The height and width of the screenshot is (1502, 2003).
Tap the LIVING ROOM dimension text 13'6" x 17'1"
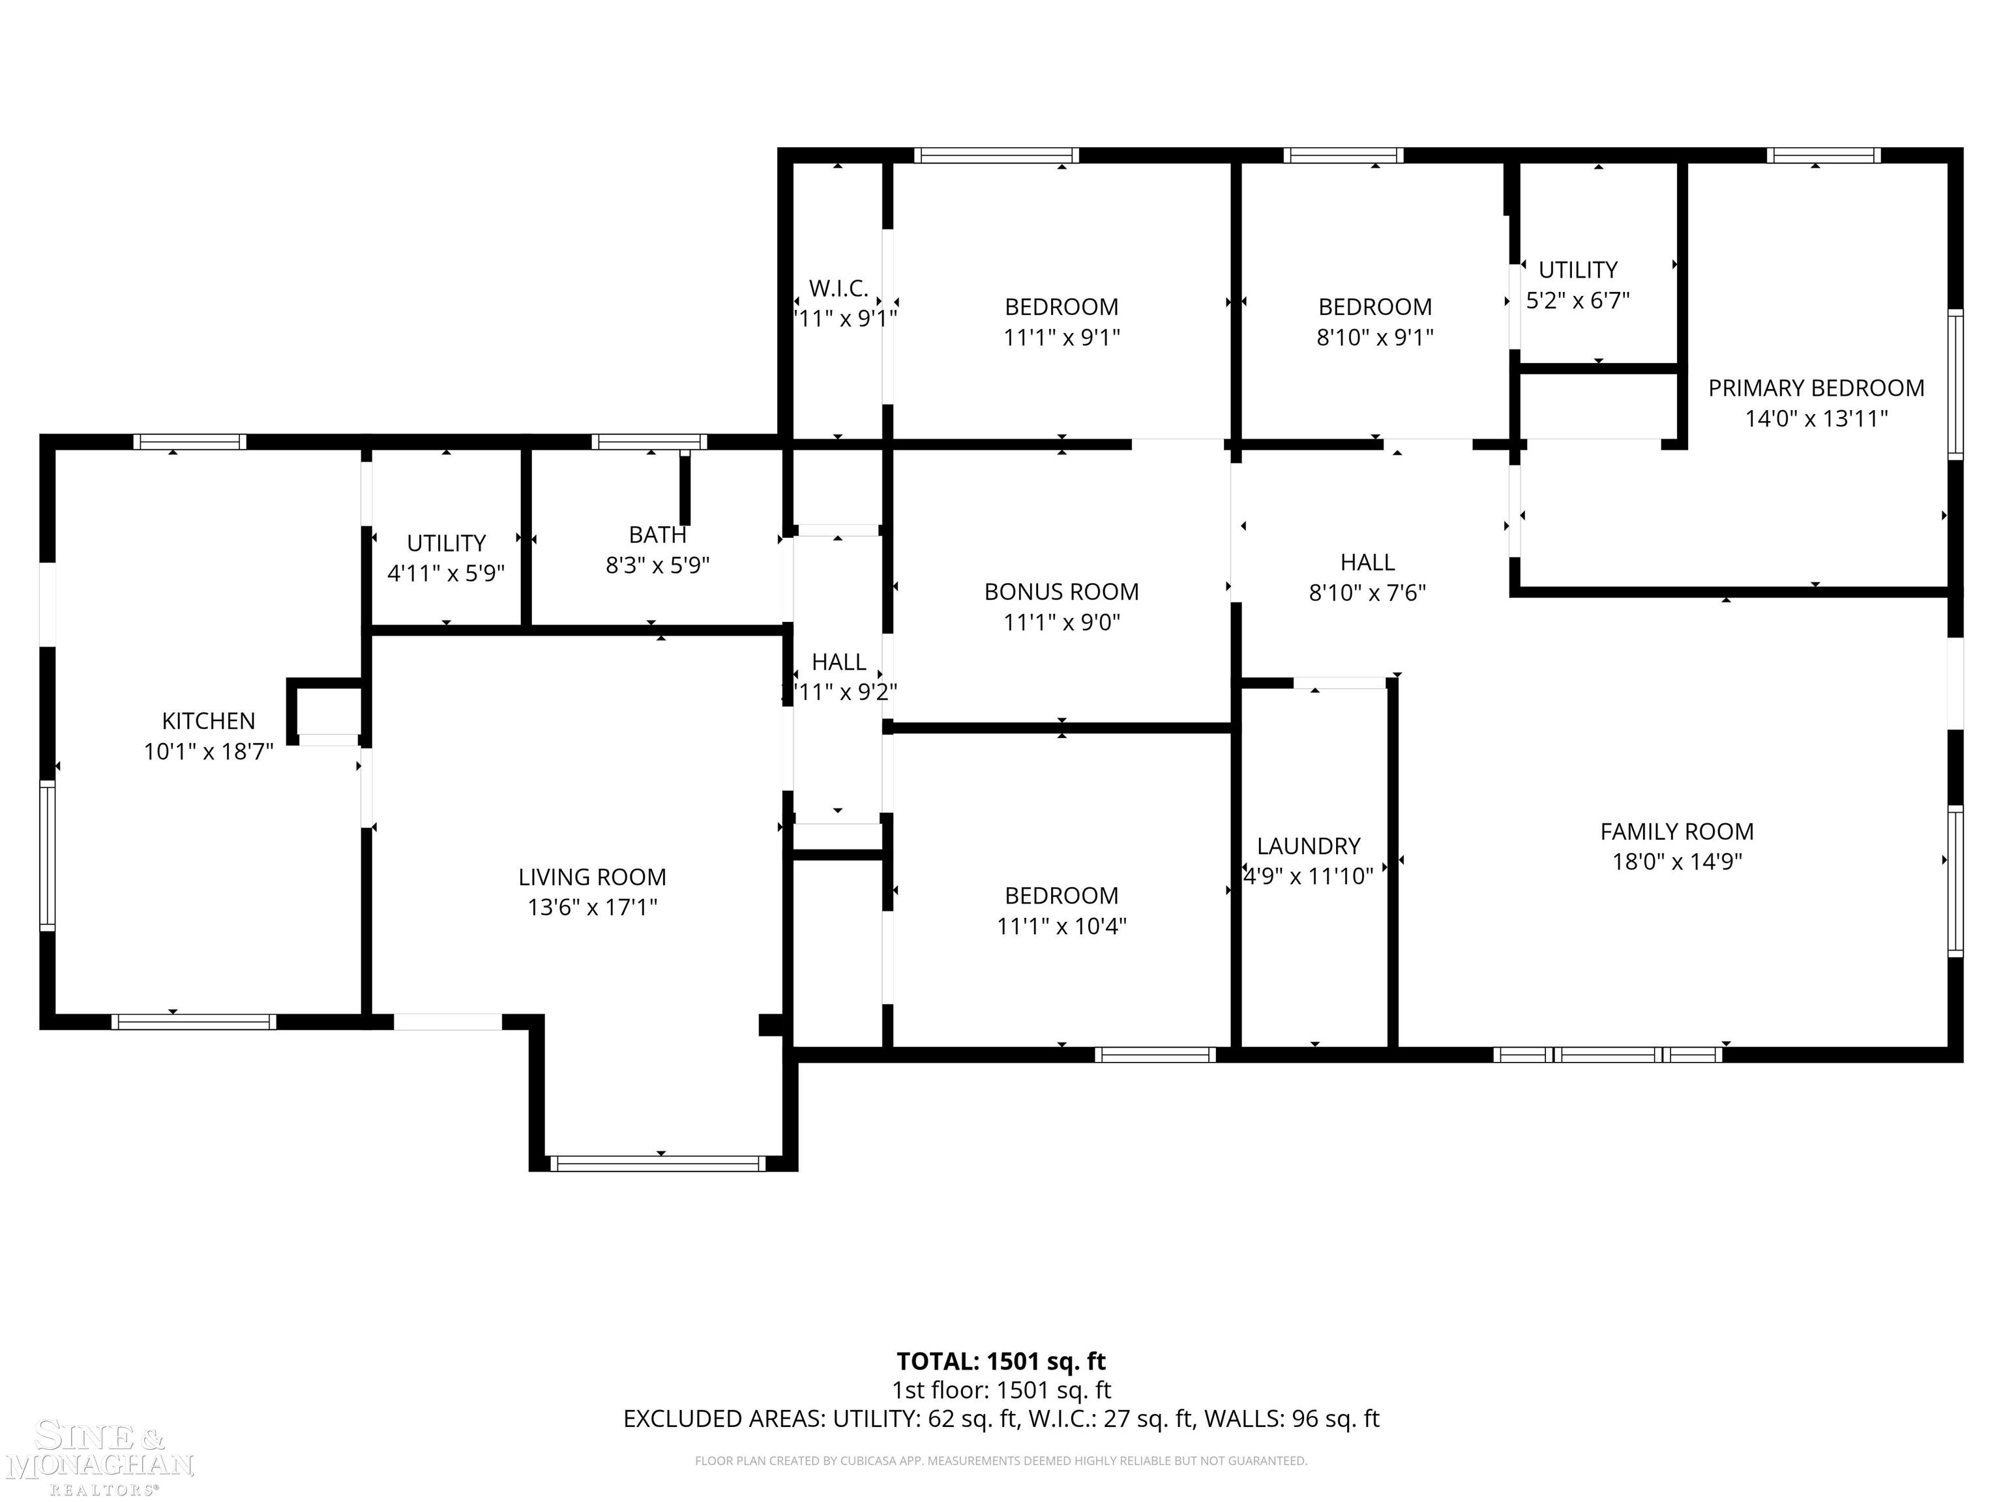pos(592,907)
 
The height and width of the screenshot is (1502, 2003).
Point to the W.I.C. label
pos(838,288)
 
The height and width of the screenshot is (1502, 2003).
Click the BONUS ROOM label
pos(1061,591)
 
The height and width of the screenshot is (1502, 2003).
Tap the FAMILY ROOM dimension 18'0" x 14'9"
pos(1677,861)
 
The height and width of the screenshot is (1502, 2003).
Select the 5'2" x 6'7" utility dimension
pos(1577,301)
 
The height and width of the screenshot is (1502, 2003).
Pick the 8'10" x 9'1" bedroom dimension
pos(1374,338)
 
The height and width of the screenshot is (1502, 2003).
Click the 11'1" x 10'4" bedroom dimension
pos(1061,926)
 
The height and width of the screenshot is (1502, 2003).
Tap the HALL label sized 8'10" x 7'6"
pos(1367,562)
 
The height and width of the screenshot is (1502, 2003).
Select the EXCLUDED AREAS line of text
pos(1001,1419)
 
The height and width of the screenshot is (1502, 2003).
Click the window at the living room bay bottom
pos(657,1164)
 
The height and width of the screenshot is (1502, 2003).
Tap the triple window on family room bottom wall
pos(1607,1054)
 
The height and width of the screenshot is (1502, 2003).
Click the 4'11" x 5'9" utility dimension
pos(445,573)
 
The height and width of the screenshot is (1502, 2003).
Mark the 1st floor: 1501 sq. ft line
pos(1001,1390)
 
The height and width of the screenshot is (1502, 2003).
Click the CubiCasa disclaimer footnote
pos(1001,1460)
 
